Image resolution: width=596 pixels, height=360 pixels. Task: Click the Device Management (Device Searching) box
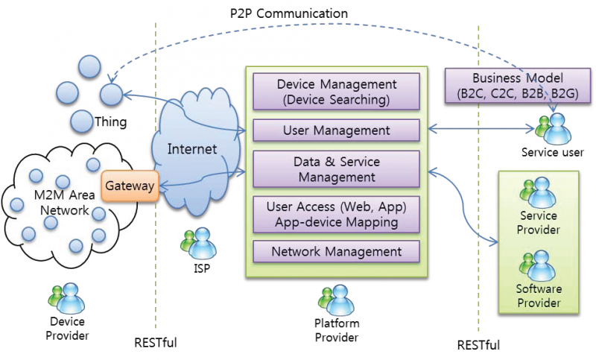[337, 92]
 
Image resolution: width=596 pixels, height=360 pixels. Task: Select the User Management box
[337, 130]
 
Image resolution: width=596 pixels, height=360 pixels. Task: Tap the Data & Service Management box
[337, 169]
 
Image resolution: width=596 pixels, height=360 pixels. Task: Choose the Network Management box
[337, 251]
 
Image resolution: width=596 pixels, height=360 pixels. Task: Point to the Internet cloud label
[192, 149]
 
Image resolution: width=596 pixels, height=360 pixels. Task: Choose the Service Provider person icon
[538, 192]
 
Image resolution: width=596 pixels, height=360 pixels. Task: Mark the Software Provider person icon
[538, 265]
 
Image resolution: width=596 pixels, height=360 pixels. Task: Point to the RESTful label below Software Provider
[478, 345]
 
